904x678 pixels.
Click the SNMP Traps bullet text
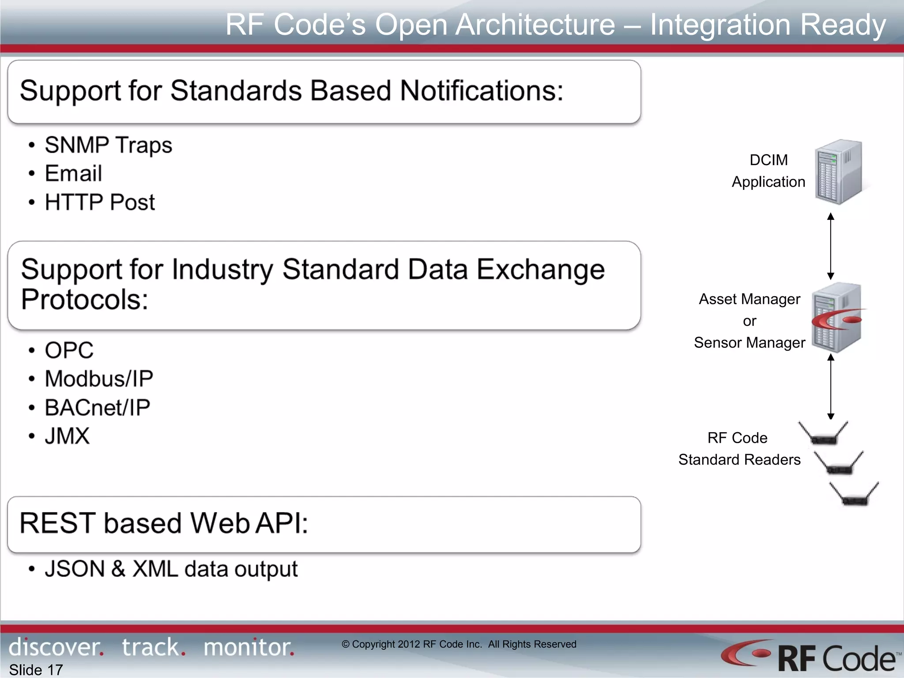coord(108,145)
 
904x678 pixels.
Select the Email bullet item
coord(73,173)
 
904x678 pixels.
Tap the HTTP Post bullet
coord(100,202)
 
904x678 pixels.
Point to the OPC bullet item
coord(69,350)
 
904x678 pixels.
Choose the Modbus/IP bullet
coord(99,379)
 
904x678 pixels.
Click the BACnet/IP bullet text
coord(97,407)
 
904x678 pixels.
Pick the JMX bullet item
coord(67,436)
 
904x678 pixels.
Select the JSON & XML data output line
coord(171,569)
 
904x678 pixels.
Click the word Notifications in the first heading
coord(481,91)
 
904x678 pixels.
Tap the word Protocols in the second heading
coord(84,300)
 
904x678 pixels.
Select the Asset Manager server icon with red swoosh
coord(837,318)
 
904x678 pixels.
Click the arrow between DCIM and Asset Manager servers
coord(830,246)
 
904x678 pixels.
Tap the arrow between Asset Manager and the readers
coord(830,387)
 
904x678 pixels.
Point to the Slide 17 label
coord(36,670)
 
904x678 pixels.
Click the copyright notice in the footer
coord(459,644)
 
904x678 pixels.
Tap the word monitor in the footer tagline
coord(249,648)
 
